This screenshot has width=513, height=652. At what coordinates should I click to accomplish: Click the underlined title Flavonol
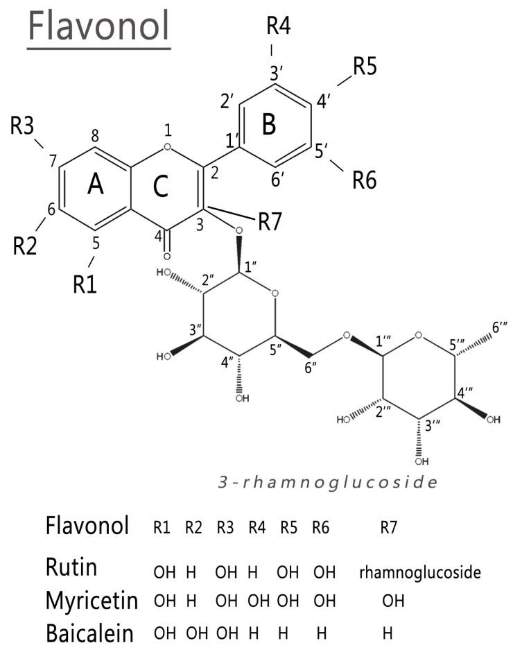click(x=98, y=27)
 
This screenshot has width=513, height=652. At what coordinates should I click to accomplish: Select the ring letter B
click(x=269, y=124)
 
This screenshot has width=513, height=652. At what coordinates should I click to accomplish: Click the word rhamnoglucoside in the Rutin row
click(x=420, y=572)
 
